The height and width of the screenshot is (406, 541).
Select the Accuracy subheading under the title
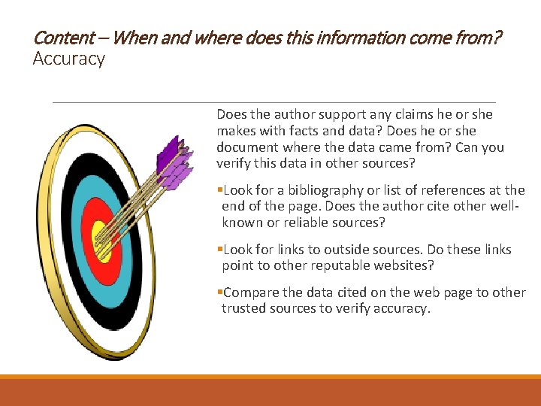tap(68, 59)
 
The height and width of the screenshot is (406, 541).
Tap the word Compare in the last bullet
tap(251, 292)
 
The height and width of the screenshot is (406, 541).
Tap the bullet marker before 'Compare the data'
tap(219, 292)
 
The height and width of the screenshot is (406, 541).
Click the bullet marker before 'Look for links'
tap(219, 250)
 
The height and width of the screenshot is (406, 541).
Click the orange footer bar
tap(270, 392)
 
